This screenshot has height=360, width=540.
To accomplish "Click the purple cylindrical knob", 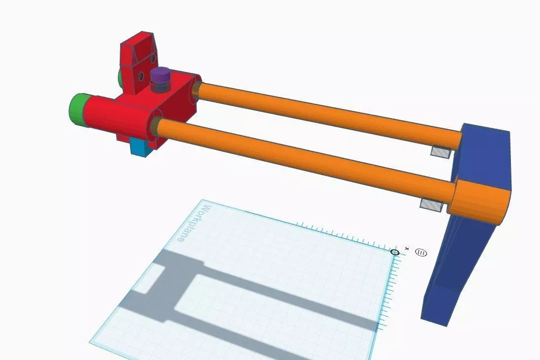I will click(x=161, y=76).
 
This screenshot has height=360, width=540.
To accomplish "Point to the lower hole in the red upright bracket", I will click(x=141, y=76).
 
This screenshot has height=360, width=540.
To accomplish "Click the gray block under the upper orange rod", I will click(x=440, y=152).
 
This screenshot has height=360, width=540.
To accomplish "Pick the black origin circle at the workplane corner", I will click(x=395, y=252).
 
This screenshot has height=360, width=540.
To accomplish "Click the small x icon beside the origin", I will click(x=406, y=248).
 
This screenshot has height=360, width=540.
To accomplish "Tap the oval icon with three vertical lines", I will click(x=421, y=252).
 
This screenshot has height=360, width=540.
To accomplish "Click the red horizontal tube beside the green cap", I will click(x=101, y=113).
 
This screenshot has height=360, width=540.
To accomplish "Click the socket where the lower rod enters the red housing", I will click(x=157, y=125).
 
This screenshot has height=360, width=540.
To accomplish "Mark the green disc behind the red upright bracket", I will click(x=120, y=77).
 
